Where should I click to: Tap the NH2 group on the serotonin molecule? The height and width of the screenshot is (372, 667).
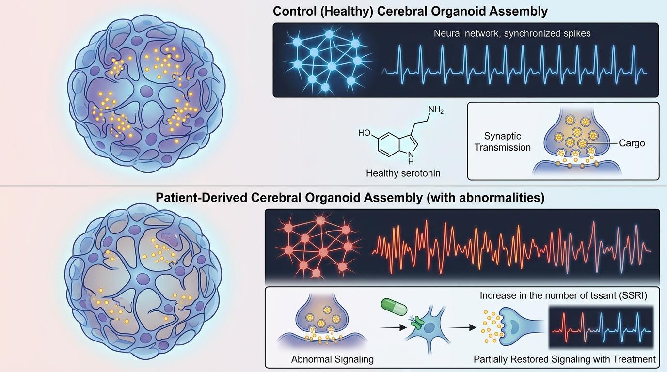pyautogui.click(x=436, y=110)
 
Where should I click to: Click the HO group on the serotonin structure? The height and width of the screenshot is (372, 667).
pyautogui.click(x=365, y=132)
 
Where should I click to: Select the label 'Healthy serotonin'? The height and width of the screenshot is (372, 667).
pyautogui.click(x=403, y=173)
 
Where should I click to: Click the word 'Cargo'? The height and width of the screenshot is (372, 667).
pyautogui.click(x=632, y=143)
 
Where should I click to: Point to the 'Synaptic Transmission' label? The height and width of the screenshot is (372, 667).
pyautogui.click(x=502, y=141)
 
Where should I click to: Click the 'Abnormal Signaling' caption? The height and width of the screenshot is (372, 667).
pyautogui.click(x=333, y=359)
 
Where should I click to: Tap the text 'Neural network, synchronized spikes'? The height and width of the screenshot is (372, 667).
pyautogui.click(x=512, y=33)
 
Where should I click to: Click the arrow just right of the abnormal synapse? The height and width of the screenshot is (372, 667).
pyautogui.click(x=393, y=327)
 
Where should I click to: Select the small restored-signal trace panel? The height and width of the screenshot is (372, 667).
pyautogui.click(x=602, y=327)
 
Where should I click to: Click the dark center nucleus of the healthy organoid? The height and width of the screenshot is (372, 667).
pyautogui.click(x=146, y=91)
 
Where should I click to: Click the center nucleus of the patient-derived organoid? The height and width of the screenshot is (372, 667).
pyautogui.click(x=143, y=279)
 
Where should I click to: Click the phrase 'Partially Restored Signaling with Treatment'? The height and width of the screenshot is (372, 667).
pyautogui.click(x=565, y=359)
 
